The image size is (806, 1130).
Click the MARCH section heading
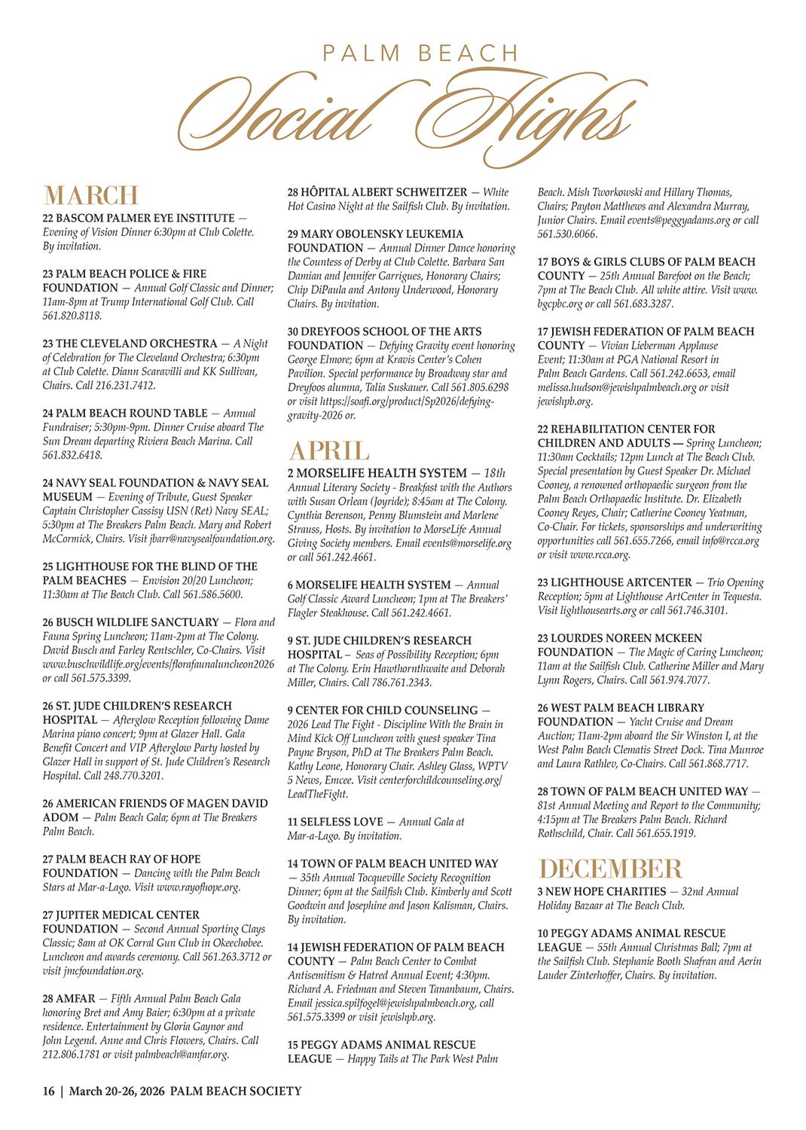coord(91,195)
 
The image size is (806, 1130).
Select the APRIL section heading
coord(328,450)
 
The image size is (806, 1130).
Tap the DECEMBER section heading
coord(611,869)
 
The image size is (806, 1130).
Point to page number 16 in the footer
coord(48,1091)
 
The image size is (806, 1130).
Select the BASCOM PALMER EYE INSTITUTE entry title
coord(137,218)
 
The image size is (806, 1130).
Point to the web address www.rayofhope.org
coord(198,887)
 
